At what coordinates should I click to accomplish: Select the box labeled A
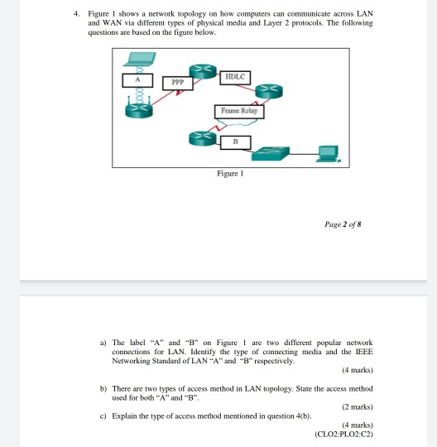[x=139, y=81]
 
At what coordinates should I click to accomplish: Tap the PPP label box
[x=177, y=82]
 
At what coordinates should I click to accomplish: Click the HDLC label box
[x=235, y=76]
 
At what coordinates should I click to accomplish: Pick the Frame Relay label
[x=239, y=111]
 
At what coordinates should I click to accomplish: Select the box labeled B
[x=235, y=142]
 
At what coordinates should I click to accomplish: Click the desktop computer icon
[x=329, y=153]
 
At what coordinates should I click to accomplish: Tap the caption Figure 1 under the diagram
[x=231, y=174]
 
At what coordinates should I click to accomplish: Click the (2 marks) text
[x=356, y=406]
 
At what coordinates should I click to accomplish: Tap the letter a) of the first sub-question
[x=103, y=342]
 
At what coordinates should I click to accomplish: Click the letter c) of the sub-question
[x=103, y=415]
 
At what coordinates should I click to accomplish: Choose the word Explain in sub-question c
[x=125, y=415]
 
